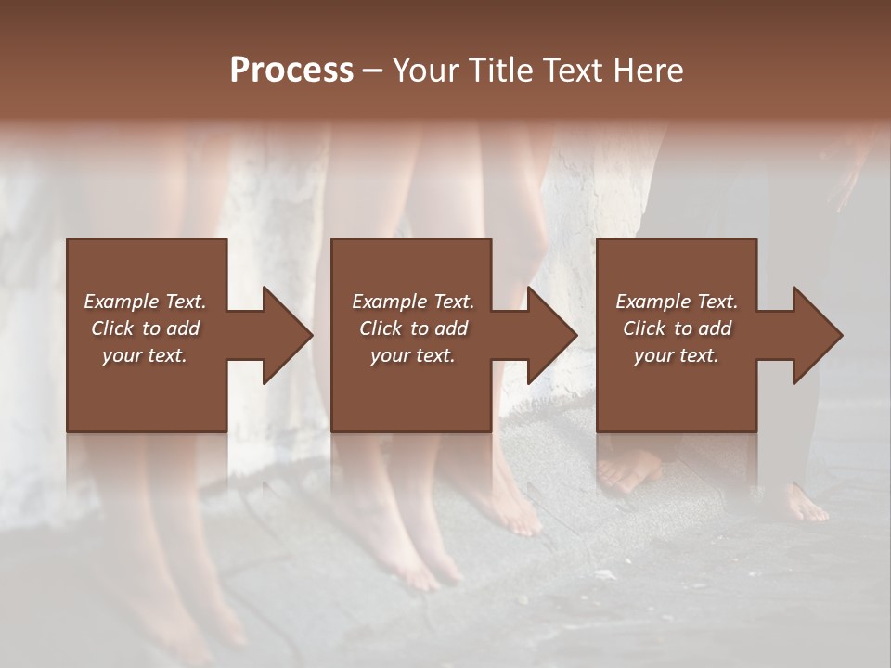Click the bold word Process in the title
(x=291, y=71)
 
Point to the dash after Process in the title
(x=372, y=71)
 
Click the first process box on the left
(x=147, y=390)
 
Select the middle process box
(x=411, y=390)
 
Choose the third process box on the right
(x=676, y=390)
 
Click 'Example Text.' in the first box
(x=145, y=302)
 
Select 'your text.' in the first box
(x=145, y=355)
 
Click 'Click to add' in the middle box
(x=413, y=328)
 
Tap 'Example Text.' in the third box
(x=677, y=302)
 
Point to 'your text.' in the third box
(x=677, y=355)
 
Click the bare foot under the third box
(x=627, y=473)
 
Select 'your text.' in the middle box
(x=413, y=355)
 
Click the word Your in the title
(x=424, y=71)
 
